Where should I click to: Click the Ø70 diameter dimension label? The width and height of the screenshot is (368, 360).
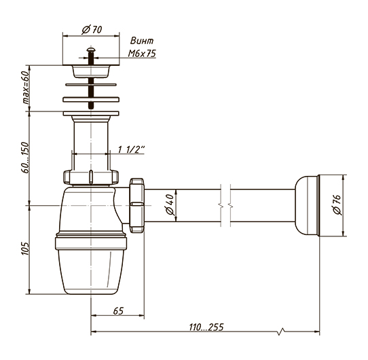tap(92, 30)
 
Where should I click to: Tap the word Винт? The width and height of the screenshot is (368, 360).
tap(142, 41)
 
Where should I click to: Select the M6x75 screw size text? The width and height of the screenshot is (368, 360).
tap(142, 54)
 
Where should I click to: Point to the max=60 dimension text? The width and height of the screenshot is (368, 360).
tap(26, 88)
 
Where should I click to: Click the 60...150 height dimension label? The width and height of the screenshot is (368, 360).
tap(25, 158)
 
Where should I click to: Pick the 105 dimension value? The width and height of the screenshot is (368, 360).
tap(25, 249)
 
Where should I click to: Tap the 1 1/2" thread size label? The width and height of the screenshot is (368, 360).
tap(131, 149)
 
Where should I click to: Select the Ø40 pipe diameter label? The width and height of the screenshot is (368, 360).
tap(170, 204)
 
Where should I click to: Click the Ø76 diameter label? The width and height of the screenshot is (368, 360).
tap(337, 204)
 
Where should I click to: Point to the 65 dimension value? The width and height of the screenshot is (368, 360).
tap(118, 310)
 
